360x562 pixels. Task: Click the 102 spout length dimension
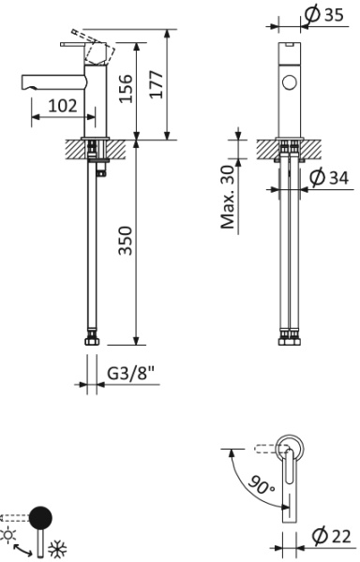click(x=62, y=107)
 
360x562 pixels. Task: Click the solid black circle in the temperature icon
click(x=41, y=518)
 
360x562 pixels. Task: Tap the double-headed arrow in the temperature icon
click(x=26, y=541)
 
